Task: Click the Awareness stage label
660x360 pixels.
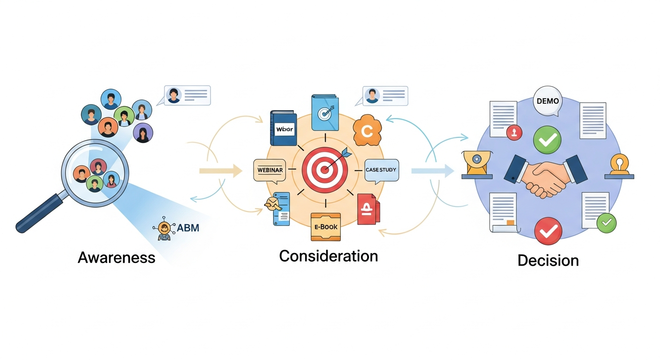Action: pyautogui.click(x=116, y=257)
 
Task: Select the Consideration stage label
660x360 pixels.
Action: pyautogui.click(x=328, y=256)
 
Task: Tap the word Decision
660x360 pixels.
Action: pyautogui.click(x=548, y=260)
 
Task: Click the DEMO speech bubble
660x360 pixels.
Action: pyautogui.click(x=547, y=102)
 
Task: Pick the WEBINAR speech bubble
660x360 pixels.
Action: pyautogui.click(x=269, y=170)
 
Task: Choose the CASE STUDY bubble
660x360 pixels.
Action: pyautogui.click(x=382, y=170)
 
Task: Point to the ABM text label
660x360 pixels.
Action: pyautogui.click(x=188, y=228)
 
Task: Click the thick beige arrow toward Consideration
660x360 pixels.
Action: pyautogui.click(x=220, y=171)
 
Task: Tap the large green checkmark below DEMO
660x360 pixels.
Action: pyautogui.click(x=547, y=139)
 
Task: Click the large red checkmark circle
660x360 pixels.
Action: pyautogui.click(x=548, y=231)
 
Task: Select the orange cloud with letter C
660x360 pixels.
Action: pyautogui.click(x=367, y=132)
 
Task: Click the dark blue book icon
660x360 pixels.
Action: pyautogui.click(x=283, y=128)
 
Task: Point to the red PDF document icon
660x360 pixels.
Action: pyautogui.click(x=368, y=209)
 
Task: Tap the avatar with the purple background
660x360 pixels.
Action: pyautogui.click(x=143, y=133)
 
